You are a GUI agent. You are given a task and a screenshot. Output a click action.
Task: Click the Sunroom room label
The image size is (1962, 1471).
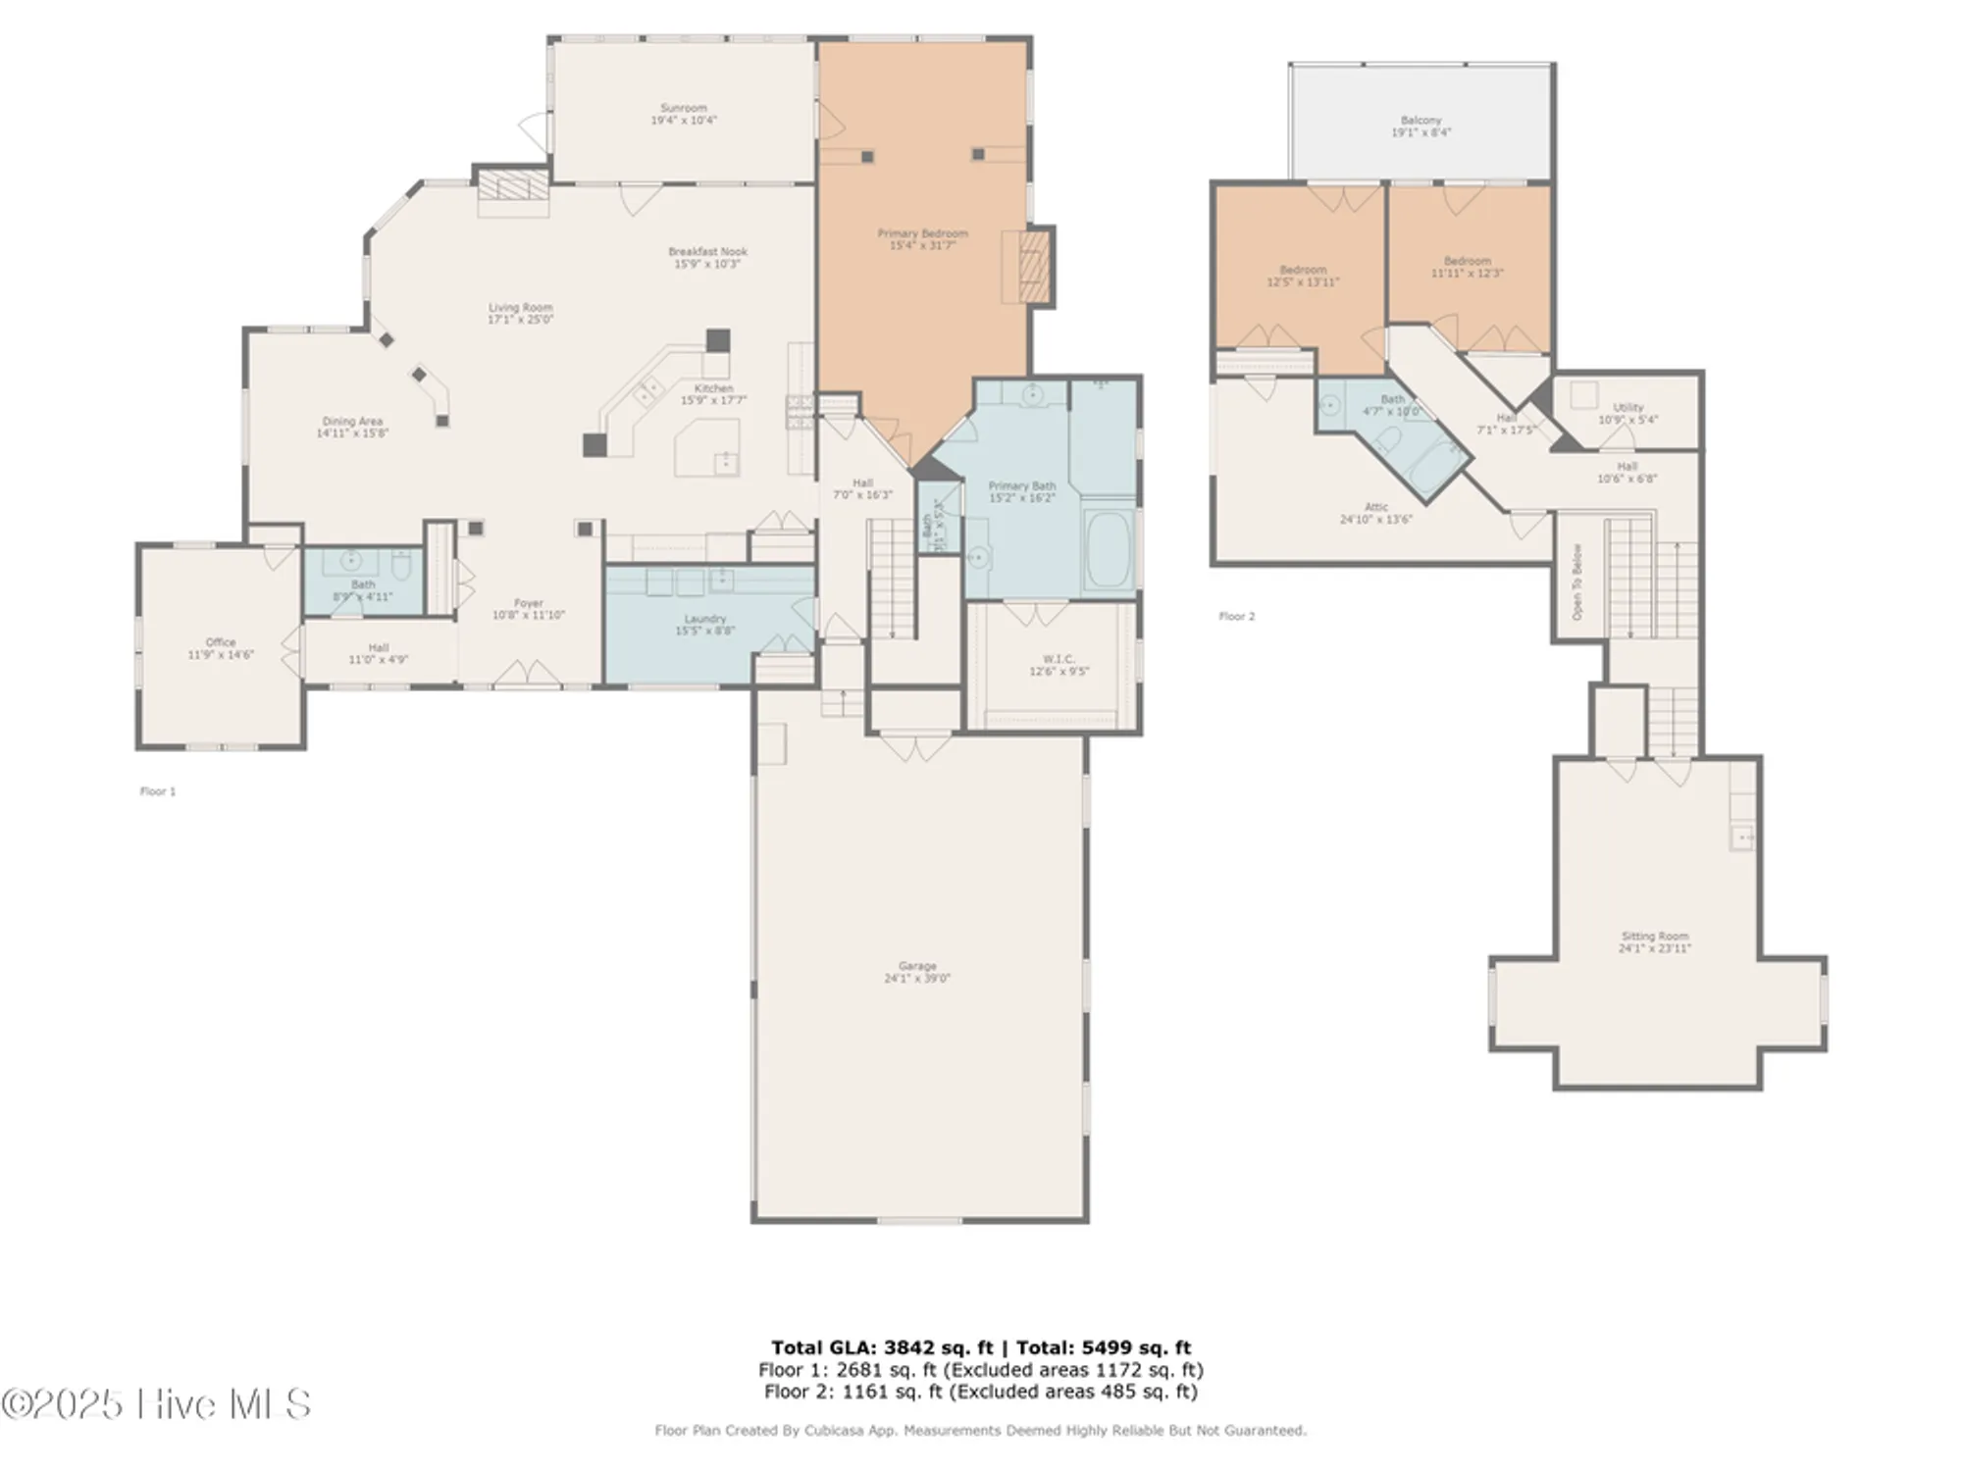[684, 108]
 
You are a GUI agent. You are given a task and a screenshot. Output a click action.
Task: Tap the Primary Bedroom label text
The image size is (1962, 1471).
[922, 233]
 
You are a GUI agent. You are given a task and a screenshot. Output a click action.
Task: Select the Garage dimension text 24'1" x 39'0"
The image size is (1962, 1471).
[917, 979]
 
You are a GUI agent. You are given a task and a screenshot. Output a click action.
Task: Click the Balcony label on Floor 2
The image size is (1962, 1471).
[1420, 120]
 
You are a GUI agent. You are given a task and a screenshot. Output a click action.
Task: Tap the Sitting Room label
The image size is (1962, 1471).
[1654, 937]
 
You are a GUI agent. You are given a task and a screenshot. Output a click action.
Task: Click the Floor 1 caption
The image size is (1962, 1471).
[158, 791]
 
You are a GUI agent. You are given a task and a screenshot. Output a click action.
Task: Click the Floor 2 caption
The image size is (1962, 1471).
[1236, 617]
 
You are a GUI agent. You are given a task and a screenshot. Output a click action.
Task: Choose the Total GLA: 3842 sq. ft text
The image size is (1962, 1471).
[881, 1347]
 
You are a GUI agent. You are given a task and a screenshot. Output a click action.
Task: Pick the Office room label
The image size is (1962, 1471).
[221, 642]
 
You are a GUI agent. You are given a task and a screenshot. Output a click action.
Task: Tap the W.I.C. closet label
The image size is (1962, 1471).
[1058, 659]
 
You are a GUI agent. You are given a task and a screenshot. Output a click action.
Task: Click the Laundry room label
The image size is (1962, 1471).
[704, 619]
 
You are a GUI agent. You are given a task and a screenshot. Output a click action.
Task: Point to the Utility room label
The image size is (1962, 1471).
[1627, 407]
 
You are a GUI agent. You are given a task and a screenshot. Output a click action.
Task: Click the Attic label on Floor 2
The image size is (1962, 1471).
[1375, 507]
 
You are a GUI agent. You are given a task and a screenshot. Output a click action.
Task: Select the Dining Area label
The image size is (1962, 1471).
[352, 422]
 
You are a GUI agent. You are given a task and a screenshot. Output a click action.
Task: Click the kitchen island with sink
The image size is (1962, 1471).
[707, 448]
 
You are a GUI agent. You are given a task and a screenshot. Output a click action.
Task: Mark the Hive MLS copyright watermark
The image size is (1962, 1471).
[157, 1404]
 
